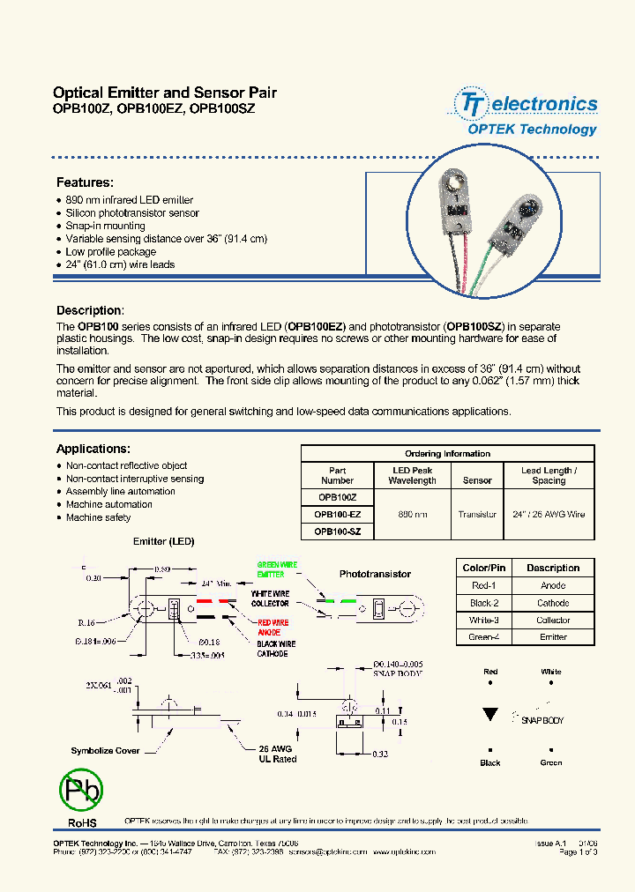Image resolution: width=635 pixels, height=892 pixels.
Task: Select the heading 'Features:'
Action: click(x=85, y=182)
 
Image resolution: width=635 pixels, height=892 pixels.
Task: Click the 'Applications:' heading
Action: click(x=93, y=449)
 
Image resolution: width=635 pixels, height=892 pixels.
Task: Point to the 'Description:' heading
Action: click(x=90, y=310)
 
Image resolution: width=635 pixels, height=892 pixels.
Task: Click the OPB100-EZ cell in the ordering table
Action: click(x=337, y=514)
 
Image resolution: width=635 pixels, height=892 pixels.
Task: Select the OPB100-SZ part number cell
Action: click(x=337, y=531)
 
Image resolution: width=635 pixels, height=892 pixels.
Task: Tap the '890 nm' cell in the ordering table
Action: click(x=412, y=514)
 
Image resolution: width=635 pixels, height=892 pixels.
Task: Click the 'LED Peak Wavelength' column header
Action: click(x=412, y=476)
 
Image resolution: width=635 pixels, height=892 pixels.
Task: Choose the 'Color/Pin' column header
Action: click(x=484, y=568)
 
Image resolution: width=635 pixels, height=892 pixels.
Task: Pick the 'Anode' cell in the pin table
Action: click(x=553, y=585)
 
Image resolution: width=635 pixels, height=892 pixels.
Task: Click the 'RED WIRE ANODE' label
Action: click(x=270, y=626)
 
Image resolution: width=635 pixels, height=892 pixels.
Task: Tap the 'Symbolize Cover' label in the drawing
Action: click(x=104, y=751)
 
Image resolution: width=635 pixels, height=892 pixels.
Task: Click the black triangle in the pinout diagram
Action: click(x=489, y=715)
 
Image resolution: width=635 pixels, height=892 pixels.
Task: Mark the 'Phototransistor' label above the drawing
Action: click(x=375, y=574)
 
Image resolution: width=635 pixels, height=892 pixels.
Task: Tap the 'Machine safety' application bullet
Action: click(x=98, y=517)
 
